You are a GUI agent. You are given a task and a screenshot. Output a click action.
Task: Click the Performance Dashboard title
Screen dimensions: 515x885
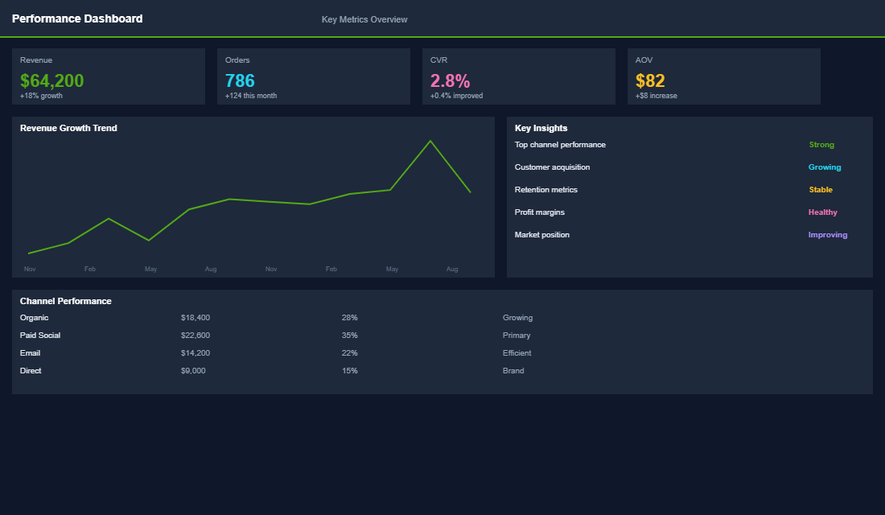click(x=77, y=19)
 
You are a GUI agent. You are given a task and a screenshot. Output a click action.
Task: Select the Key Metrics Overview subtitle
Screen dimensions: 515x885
click(x=364, y=19)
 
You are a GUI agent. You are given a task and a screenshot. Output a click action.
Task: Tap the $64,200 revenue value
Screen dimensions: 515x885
click(x=51, y=80)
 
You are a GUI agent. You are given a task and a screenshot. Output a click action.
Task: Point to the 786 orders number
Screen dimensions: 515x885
click(x=240, y=80)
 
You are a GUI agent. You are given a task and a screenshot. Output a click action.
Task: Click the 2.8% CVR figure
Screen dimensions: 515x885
click(x=450, y=80)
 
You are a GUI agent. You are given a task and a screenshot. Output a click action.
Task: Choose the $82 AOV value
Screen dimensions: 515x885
click(x=650, y=80)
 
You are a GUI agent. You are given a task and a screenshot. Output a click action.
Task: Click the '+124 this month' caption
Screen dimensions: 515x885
click(x=251, y=96)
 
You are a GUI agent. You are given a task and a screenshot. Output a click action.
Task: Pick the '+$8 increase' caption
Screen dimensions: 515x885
click(x=656, y=96)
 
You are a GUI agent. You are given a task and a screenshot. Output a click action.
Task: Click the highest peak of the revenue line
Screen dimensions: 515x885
click(x=430, y=141)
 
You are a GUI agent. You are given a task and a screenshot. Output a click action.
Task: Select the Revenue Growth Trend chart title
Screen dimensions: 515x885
click(x=68, y=128)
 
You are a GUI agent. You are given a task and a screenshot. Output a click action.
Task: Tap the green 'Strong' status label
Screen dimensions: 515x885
click(x=821, y=145)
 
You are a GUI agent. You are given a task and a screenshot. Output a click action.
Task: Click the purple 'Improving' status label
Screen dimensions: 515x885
click(x=828, y=235)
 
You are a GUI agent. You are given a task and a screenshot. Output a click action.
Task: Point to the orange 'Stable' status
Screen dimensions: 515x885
click(x=821, y=190)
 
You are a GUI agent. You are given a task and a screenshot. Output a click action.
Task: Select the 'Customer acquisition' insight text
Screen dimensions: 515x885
click(x=552, y=167)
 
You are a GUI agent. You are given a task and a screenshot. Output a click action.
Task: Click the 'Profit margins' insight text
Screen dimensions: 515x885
click(x=539, y=212)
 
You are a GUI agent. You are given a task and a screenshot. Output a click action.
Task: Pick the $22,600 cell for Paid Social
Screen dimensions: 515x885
click(x=196, y=336)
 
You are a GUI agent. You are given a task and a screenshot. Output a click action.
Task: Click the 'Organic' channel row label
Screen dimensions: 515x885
click(x=34, y=318)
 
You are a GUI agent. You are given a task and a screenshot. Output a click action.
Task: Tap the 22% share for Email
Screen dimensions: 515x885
click(x=349, y=353)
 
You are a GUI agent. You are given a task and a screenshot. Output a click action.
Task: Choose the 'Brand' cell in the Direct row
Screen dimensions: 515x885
click(x=513, y=371)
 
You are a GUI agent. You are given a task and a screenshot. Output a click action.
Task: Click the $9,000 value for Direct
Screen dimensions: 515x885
click(x=193, y=371)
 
